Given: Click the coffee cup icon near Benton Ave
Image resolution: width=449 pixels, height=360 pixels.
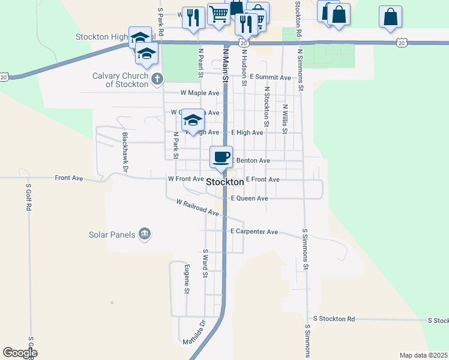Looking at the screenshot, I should (221, 157).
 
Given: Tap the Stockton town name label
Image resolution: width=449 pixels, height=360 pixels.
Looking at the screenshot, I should (225, 182).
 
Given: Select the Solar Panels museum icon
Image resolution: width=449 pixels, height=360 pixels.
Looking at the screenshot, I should (144, 233).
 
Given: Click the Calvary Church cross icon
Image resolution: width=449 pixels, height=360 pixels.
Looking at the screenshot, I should (157, 78).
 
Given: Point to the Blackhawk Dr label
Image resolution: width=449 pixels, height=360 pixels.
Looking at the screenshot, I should (125, 152).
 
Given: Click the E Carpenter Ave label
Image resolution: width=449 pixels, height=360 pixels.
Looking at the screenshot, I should (254, 232).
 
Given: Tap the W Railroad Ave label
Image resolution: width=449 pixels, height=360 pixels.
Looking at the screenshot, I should (197, 208).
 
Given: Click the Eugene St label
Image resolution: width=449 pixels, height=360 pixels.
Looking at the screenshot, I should (187, 280).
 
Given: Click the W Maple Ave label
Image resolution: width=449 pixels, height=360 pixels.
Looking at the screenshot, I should (200, 93).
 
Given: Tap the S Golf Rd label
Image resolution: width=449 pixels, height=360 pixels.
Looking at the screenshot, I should (28, 197).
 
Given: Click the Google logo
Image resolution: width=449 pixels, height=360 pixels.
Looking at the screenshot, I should (20, 353).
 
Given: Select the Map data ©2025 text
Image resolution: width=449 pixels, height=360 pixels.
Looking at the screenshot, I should (423, 355).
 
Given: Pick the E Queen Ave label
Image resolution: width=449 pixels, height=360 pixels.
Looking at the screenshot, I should (249, 198).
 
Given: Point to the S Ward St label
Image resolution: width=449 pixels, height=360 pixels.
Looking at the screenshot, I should (205, 264).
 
